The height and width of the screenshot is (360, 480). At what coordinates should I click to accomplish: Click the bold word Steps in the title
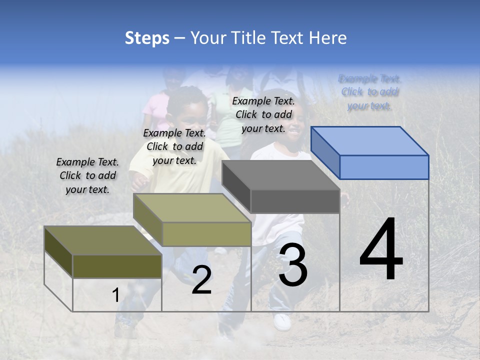(147, 38)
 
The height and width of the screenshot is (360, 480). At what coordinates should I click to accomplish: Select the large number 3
(293, 265)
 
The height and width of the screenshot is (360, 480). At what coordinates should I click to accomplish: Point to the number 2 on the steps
(201, 280)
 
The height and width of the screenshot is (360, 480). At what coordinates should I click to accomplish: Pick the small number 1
(115, 295)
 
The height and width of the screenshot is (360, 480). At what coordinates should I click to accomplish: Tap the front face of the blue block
(384, 167)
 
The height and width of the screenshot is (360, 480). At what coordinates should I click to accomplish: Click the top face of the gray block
(280, 175)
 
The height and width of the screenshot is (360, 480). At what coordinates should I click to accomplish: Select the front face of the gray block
(295, 201)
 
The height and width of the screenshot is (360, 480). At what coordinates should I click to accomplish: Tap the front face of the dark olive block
(117, 266)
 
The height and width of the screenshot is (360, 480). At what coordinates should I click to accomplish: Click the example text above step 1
(87, 175)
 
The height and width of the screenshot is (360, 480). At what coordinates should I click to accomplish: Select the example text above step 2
(174, 146)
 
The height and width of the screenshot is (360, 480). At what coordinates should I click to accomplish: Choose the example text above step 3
(263, 114)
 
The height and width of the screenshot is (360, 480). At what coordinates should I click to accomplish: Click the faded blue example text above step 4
(369, 92)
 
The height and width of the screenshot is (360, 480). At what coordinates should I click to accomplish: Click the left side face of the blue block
(325, 152)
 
